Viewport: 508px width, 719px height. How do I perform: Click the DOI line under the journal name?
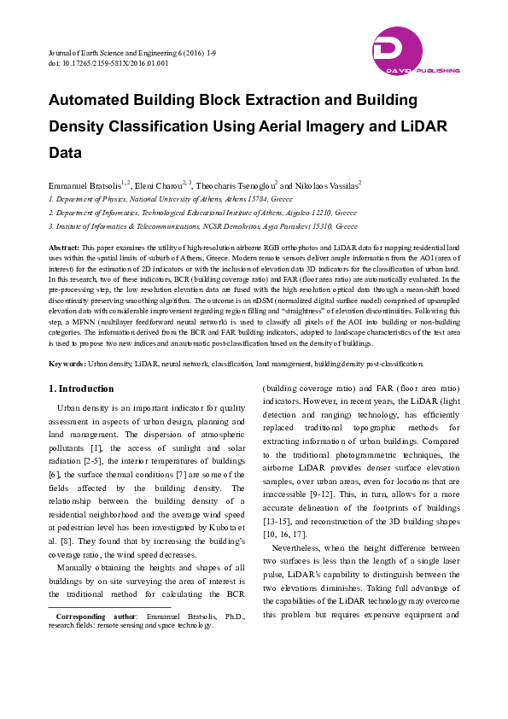tap(108, 62)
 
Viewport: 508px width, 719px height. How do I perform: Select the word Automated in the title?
tap(90, 100)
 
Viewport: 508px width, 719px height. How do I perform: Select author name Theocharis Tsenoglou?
tap(238, 184)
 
